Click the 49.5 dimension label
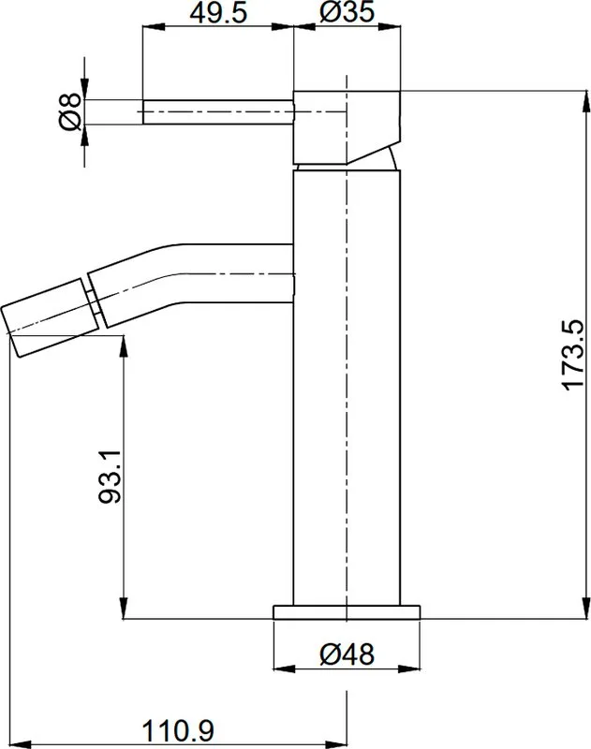click(x=219, y=13)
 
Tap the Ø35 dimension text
click(x=347, y=12)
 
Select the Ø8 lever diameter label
click(x=70, y=111)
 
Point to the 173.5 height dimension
click(x=573, y=355)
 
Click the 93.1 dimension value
click(x=110, y=477)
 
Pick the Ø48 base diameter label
click(x=347, y=654)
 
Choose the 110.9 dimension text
click(x=178, y=731)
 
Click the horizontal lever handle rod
click(x=218, y=112)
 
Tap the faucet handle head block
click(x=347, y=126)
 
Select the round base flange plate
click(x=347, y=612)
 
